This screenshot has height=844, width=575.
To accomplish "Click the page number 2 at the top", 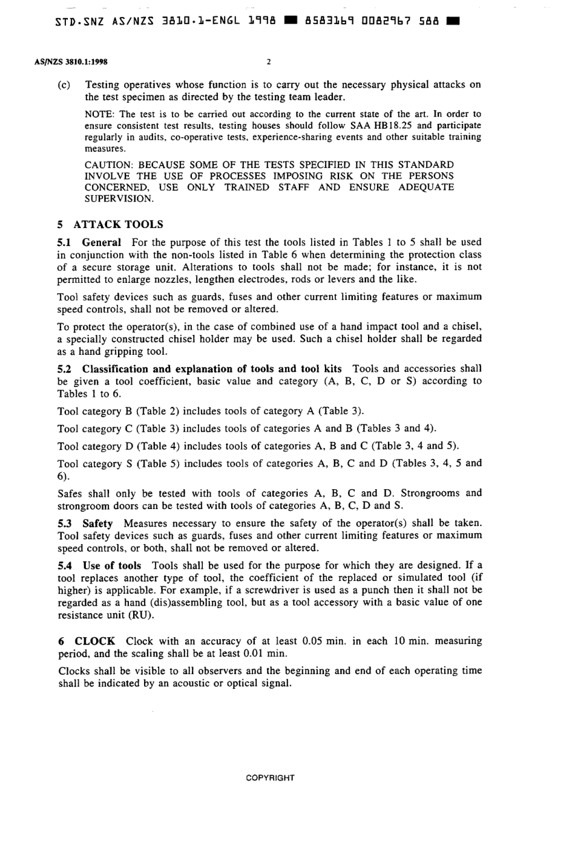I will pos(269,62).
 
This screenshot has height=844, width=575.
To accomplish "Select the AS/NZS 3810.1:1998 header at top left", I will pos(67,62).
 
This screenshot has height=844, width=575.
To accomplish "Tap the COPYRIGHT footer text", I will pos(270,777).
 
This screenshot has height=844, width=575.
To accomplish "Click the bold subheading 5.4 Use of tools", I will pos(99,565).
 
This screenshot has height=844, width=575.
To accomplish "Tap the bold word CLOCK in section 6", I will pos(95,641).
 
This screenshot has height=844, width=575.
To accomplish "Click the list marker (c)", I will pos(64,85).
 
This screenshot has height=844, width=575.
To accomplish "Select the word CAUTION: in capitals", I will pos(108,164).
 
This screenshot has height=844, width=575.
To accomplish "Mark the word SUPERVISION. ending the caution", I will pos(119,198).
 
